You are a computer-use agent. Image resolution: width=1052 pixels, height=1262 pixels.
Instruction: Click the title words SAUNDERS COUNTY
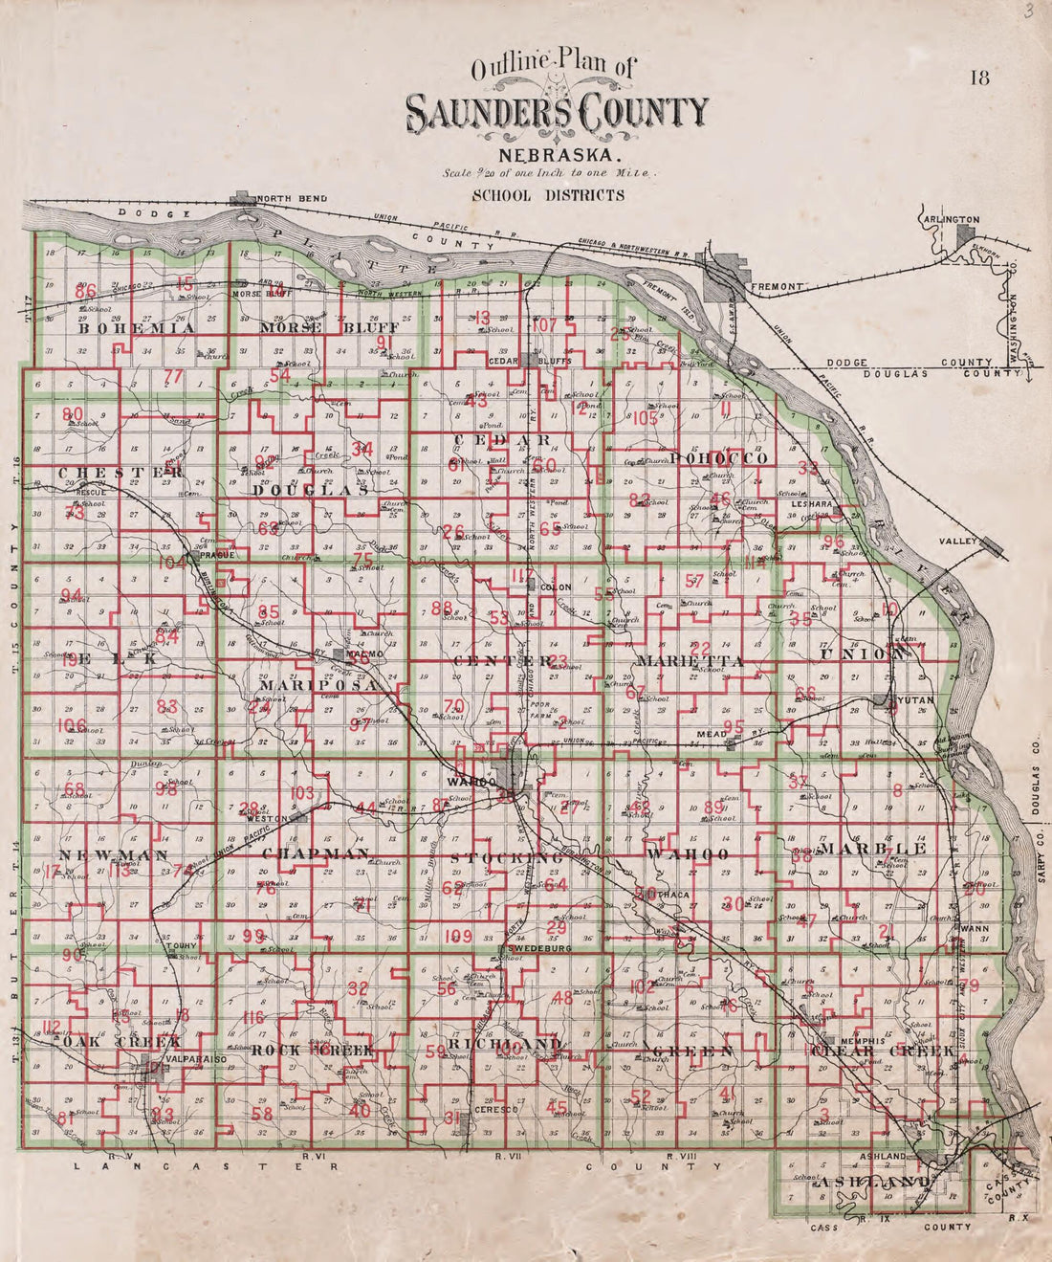tap(559, 114)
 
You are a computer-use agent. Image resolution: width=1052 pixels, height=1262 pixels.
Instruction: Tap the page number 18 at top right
tap(979, 78)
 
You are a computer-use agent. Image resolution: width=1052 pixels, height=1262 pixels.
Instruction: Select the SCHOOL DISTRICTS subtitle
tap(548, 195)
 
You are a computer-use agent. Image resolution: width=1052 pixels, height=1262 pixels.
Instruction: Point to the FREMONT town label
tap(780, 286)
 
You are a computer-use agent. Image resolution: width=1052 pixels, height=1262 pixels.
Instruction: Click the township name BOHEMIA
tap(137, 327)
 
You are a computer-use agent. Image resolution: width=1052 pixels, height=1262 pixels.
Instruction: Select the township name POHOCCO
tap(719, 459)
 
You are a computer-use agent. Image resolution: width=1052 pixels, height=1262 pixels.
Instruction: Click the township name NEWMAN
tap(99, 854)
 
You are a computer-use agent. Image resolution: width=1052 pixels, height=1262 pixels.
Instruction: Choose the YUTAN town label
tap(915, 701)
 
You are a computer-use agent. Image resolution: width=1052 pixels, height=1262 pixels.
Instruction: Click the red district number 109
tap(460, 935)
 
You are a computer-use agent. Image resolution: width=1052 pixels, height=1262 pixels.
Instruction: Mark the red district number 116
tap(252, 1017)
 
